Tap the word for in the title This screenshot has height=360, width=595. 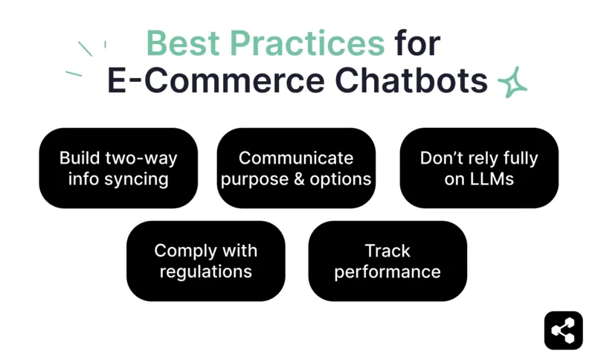pyautogui.click(x=417, y=43)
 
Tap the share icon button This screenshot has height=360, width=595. pyautogui.click(x=563, y=330)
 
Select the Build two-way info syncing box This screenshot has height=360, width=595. pyautogui.click(x=118, y=168)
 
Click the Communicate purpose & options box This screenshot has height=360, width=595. pyautogui.click(x=296, y=168)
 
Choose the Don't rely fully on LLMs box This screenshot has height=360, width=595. pyautogui.click(x=479, y=168)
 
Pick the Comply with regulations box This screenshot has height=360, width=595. pyautogui.click(x=205, y=261)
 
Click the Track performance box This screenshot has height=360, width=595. pyautogui.click(x=387, y=261)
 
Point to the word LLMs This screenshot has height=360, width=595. pyautogui.click(x=489, y=179)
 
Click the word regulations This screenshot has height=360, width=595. pyautogui.click(x=205, y=271)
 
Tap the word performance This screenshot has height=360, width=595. pyautogui.click(x=387, y=271)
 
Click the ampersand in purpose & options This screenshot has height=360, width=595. pyautogui.click(x=295, y=179)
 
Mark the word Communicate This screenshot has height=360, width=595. pyautogui.click(x=296, y=158)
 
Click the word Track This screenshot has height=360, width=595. pyautogui.click(x=387, y=251)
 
